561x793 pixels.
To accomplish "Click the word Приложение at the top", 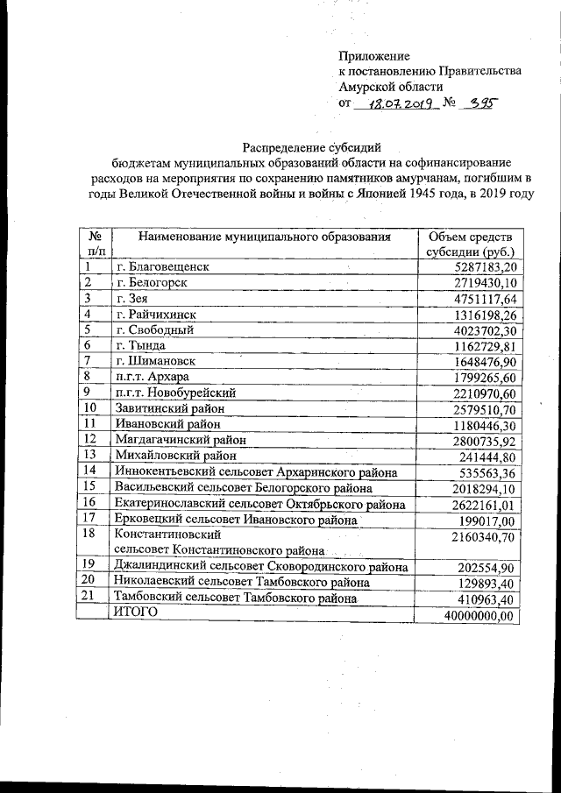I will (x=374, y=56).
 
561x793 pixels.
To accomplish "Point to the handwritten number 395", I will (x=479, y=102).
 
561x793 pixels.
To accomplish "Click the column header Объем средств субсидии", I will (x=470, y=244).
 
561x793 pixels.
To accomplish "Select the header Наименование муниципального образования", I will (x=264, y=237).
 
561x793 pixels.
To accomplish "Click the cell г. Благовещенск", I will (x=163, y=266).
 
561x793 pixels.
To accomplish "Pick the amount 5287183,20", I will (x=482, y=266).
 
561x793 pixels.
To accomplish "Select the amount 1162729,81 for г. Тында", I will (x=482, y=345).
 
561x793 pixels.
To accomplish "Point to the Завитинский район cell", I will (x=169, y=407).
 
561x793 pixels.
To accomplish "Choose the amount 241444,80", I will (x=488, y=456).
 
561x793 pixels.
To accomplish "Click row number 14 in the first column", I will (x=90, y=471).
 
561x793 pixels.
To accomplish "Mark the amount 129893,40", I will (x=488, y=583).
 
